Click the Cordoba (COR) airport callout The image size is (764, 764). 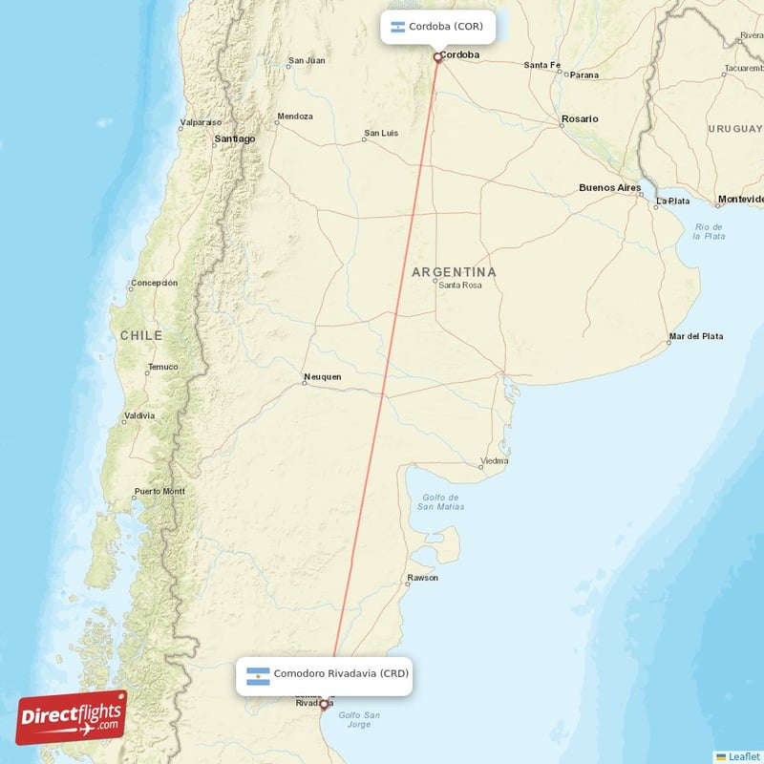pyautogui.click(x=438, y=27)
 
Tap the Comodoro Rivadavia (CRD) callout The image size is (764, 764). pyautogui.click(x=325, y=674)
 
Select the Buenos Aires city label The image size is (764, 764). pyautogui.click(x=609, y=188)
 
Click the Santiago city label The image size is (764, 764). pyautogui.click(x=235, y=138)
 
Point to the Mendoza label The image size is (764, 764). pyautogui.click(x=294, y=117)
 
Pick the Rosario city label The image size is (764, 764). pyautogui.click(x=580, y=118)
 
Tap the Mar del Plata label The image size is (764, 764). pyautogui.click(x=695, y=336)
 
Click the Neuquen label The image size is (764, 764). pyautogui.click(x=322, y=376)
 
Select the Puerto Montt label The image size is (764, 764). pyautogui.click(x=159, y=492)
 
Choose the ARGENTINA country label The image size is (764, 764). pyautogui.click(x=454, y=272)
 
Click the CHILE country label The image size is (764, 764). pyautogui.click(x=141, y=336)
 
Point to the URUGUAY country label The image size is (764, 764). pyautogui.click(x=735, y=128)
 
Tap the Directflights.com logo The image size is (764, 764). pyautogui.click(x=72, y=717)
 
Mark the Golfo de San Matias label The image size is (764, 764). pyautogui.click(x=440, y=501)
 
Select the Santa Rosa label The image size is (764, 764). pyautogui.click(x=460, y=286)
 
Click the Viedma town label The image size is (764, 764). pyautogui.click(x=494, y=460)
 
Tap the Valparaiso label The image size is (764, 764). pyautogui.click(x=201, y=122)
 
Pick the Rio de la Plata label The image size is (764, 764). pyautogui.click(x=710, y=230)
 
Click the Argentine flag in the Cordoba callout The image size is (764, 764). pyautogui.click(x=397, y=27)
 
